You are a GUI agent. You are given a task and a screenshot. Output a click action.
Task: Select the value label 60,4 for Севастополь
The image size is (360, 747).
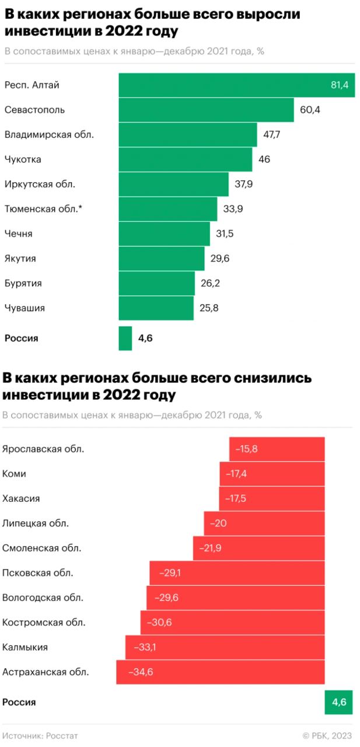(x=310, y=110)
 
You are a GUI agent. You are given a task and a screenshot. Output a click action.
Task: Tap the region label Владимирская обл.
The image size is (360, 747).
(x=49, y=134)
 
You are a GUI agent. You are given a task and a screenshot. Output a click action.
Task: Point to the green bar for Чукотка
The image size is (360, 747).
(x=186, y=159)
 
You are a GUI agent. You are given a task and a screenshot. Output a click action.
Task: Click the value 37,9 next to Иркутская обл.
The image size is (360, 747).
(x=243, y=184)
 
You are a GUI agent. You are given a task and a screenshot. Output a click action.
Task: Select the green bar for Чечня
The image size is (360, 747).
(x=164, y=234)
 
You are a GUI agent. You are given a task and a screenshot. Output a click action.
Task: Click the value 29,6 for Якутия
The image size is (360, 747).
(x=219, y=259)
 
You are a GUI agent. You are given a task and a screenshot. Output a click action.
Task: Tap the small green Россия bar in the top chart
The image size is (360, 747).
(x=125, y=338)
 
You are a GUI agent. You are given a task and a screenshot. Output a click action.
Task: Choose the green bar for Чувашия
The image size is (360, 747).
(x=156, y=308)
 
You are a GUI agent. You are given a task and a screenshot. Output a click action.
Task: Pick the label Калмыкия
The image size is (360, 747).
(x=25, y=647)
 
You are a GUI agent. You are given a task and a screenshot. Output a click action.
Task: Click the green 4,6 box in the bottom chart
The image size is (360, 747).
(x=339, y=702)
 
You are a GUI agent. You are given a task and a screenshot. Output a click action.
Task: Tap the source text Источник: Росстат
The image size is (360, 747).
(x=40, y=736)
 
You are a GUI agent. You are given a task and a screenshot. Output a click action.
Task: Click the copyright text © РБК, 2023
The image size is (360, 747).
(x=327, y=736)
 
